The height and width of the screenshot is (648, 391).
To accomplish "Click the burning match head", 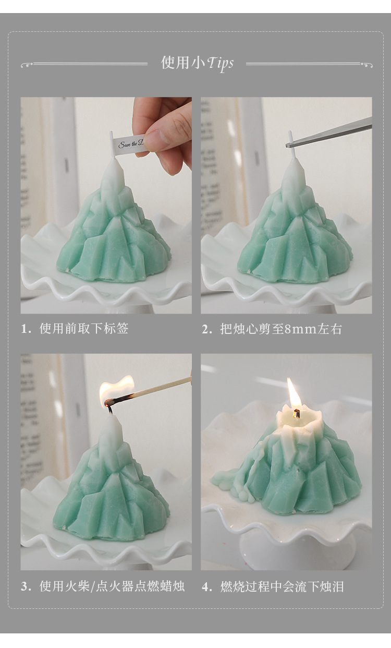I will click(x=109, y=402).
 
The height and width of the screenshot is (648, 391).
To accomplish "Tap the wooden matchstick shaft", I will click(x=156, y=389).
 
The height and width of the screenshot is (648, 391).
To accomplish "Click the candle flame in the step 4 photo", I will click(x=294, y=394).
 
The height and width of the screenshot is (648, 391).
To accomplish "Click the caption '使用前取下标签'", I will click(x=84, y=329).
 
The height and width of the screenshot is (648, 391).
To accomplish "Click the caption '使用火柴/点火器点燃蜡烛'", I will click(x=112, y=586).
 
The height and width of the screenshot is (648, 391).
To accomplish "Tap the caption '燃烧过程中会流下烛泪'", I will click(x=282, y=586).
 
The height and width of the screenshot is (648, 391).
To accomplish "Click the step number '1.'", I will click(x=27, y=329).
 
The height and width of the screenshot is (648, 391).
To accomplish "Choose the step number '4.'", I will click(x=207, y=586).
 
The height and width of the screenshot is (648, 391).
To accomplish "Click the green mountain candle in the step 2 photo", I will click(x=295, y=235).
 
